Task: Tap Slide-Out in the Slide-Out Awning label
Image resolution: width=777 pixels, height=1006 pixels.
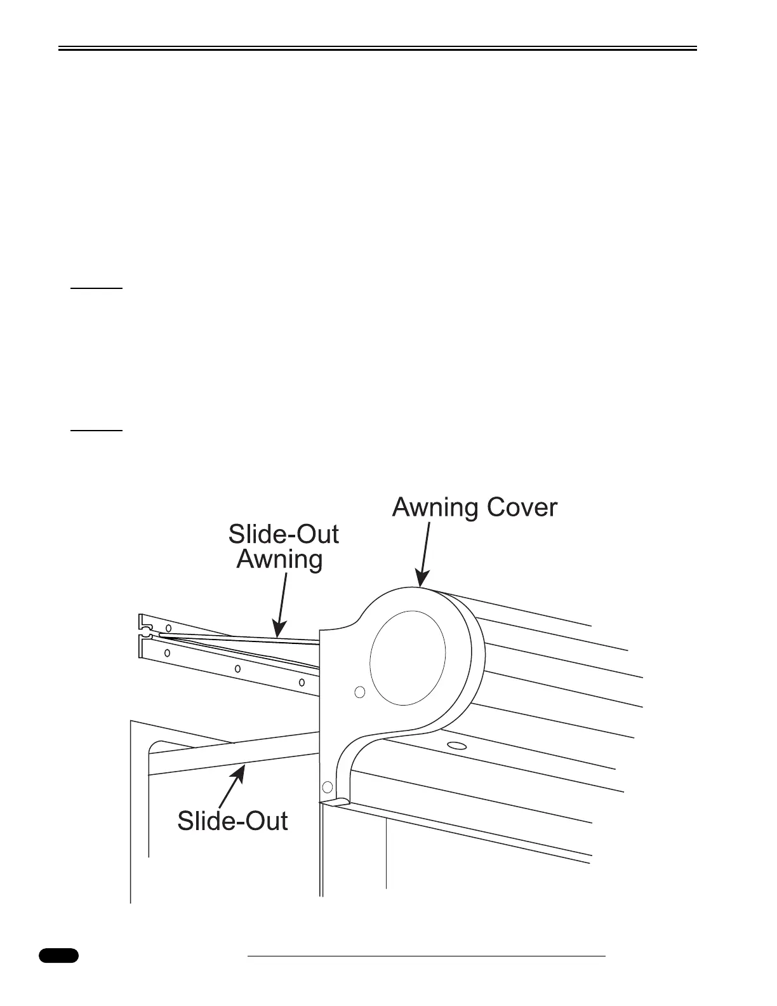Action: pyautogui.click(x=283, y=534)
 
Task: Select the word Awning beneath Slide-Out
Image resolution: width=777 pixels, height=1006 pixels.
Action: pyautogui.click(x=279, y=560)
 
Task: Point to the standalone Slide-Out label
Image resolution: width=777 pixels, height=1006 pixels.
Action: pyautogui.click(x=232, y=821)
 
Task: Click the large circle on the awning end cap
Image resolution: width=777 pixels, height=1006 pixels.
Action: pyautogui.click(x=408, y=657)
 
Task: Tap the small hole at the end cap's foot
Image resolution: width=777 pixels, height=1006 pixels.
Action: pyautogui.click(x=328, y=788)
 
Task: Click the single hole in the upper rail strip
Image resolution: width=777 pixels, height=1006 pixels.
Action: pyautogui.click(x=168, y=628)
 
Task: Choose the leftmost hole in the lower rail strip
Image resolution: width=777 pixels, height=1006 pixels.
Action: pyautogui.click(x=167, y=653)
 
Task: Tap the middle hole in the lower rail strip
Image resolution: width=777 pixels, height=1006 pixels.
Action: pyautogui.click(x=237, y=668)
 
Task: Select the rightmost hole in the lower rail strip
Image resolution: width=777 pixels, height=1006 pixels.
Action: pyautogui.click(x=302, y=683)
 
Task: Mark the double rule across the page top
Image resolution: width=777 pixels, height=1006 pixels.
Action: pyautogui.click(x=378, y=48)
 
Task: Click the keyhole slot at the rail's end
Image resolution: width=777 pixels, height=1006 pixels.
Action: pyautogui.click(x=147, y=633)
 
